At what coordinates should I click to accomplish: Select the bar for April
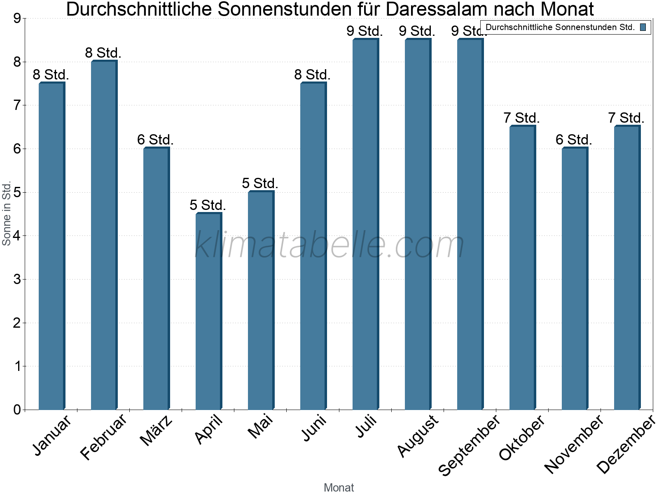click(208, 311)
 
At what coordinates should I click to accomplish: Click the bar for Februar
click(103, 235)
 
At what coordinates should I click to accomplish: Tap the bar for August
click(417, 224)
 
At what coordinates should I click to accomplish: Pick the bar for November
click(574, 279)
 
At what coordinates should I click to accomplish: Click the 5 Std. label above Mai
click(260, 183)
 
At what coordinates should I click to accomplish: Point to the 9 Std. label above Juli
click(365, 31)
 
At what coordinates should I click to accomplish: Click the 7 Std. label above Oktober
click(521, 118)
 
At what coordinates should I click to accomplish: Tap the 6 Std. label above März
click(155, 140)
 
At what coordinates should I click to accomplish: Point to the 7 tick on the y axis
click(17, 105)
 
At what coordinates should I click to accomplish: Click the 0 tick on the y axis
click(17, 410)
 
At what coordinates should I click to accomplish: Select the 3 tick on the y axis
click(17, 280)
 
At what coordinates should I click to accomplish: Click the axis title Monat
click(339, 487)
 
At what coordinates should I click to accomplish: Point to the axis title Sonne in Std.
click(7, 213)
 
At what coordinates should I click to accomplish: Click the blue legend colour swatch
click(643, 27)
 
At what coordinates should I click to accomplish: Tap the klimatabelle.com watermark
click(329, 245)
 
